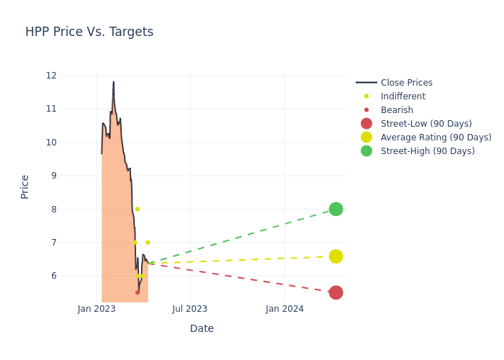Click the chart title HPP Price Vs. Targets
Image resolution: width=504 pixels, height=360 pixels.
pos(89,32)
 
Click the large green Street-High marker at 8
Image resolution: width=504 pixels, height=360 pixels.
pos(336,209)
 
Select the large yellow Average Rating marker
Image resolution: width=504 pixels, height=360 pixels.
pos(336,256)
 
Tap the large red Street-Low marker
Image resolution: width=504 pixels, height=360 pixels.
pos(336,292)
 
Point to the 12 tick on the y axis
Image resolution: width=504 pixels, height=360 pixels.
pos(51,76)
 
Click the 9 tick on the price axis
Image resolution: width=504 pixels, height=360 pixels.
pos(53,176)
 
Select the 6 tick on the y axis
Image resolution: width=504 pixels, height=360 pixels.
pos(53,276)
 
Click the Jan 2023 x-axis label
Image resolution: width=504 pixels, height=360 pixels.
pos(96,309)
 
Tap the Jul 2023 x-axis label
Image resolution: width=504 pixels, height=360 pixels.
pos(190,309)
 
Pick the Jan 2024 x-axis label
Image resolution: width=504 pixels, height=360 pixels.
pos(284,309)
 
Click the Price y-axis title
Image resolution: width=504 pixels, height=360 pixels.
pos(25,186)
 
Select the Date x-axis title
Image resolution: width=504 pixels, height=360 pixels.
pos(202,328)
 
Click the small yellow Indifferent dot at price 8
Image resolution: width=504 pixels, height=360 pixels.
pos(138,209)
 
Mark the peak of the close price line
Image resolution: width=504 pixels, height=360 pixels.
pos(113,82)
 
